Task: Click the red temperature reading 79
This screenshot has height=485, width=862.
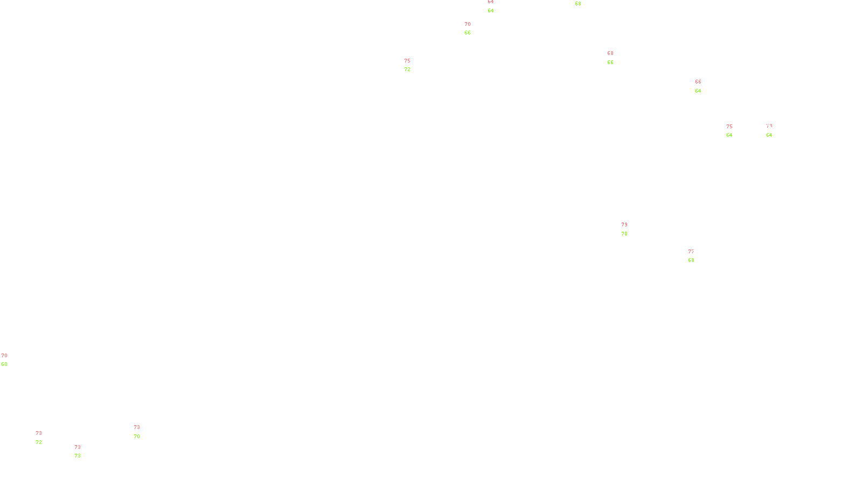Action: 624,225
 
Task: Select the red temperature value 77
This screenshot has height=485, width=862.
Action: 691,252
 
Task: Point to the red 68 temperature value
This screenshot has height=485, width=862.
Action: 610,53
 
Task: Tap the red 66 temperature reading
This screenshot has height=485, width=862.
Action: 698,82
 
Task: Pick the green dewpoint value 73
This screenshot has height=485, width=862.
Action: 78,456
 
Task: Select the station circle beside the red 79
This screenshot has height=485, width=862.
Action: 629,230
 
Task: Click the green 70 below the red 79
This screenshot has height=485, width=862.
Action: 624,234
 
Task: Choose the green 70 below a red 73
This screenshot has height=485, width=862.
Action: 137,436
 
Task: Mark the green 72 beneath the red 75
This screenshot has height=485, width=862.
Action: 407,70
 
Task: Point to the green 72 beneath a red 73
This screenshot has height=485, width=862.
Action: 39,442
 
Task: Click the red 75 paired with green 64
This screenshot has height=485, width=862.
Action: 729,127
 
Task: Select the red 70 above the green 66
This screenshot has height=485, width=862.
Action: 468,24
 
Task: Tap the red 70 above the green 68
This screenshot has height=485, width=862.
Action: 4,356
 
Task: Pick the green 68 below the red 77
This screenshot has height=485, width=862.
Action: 691,260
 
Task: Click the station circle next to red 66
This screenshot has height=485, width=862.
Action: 703,86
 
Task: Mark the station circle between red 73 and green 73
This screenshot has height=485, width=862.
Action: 83,452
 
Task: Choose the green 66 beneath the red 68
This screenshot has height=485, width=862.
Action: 610,63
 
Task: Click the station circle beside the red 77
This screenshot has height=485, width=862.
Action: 696,256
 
